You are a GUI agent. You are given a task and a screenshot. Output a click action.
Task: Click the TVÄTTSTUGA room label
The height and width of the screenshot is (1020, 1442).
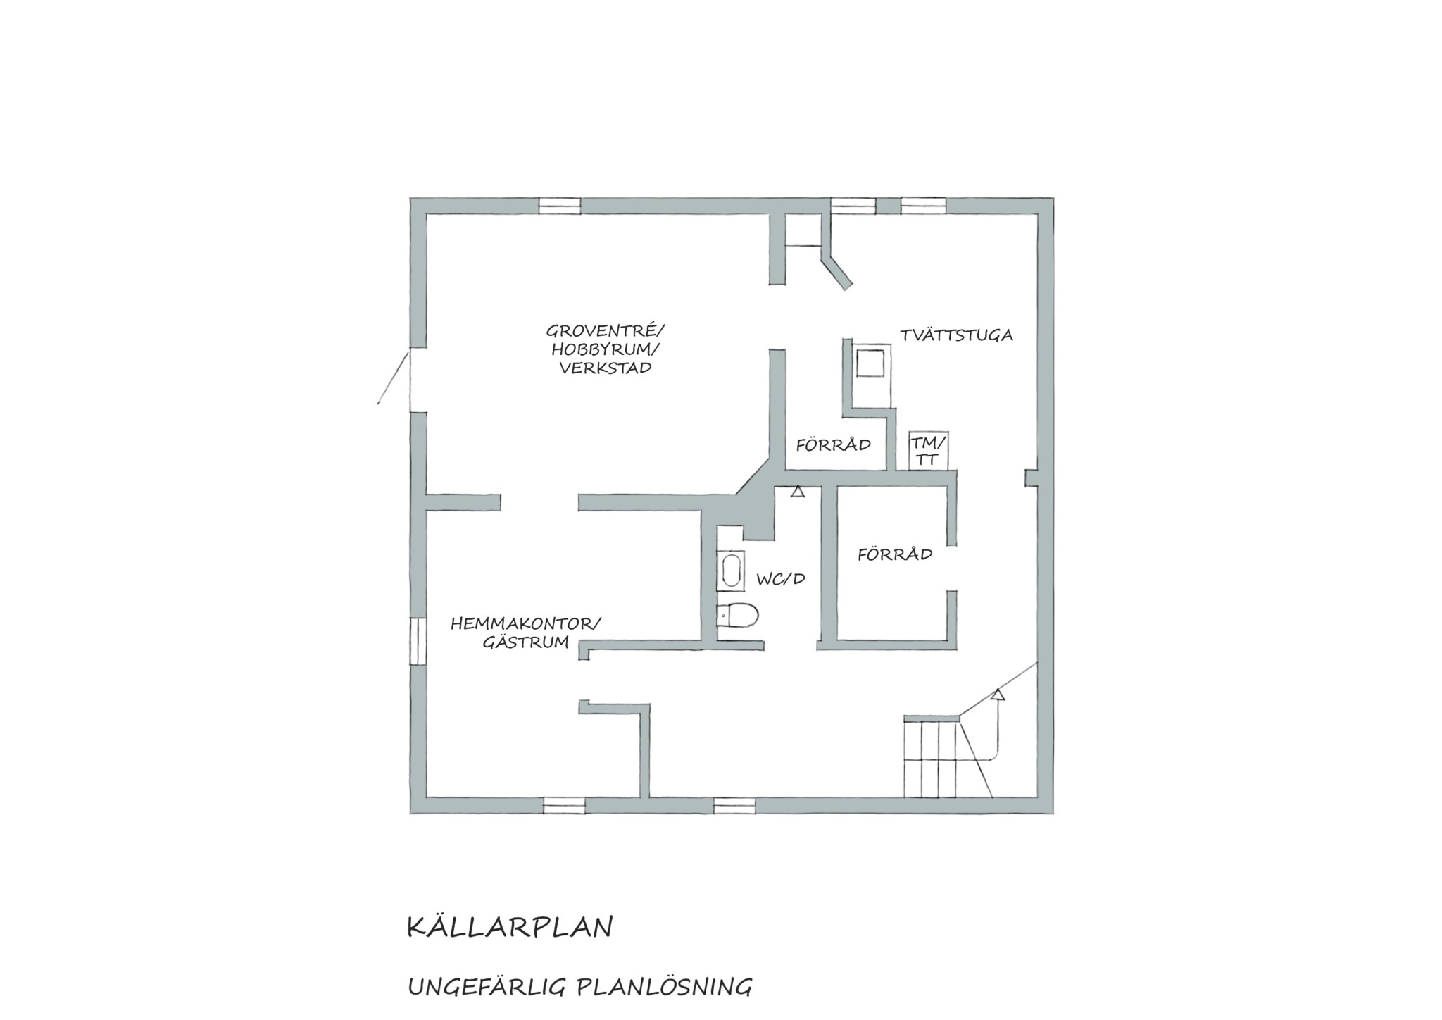(x=956, y=335)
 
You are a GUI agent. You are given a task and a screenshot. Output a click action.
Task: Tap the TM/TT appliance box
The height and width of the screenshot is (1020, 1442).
(x=928, y=451)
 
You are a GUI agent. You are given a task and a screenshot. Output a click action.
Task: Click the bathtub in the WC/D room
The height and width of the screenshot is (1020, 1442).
(x=730, y=571)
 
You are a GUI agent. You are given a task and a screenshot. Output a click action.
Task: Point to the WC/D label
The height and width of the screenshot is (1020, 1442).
(x=781, y=579)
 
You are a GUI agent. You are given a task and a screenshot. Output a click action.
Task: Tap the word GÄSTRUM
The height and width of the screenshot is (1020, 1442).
(x=526, y=642)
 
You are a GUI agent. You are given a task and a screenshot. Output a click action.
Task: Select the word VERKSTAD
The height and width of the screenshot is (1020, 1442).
(x=606, y=368)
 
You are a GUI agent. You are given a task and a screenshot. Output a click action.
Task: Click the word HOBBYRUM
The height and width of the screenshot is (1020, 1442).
(x=606, y=349)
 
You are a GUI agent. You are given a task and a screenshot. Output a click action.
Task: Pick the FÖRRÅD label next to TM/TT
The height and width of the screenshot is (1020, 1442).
(x=834, y=445)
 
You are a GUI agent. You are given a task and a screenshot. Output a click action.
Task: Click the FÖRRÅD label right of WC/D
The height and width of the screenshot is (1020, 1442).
(x=895, y=554)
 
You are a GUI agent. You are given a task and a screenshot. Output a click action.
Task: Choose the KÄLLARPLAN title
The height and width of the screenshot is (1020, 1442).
(x=510, y=927)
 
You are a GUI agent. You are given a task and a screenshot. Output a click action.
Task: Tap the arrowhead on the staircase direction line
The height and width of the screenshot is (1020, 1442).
(x=998, y=695)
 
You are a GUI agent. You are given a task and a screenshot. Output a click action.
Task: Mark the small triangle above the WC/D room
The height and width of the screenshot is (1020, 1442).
(x=797, y=492)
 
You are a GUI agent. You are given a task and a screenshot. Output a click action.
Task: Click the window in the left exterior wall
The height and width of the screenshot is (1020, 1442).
(x=418, y=640)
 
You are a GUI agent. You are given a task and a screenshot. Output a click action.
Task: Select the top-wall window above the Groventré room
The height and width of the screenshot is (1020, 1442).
(x=560, y=206)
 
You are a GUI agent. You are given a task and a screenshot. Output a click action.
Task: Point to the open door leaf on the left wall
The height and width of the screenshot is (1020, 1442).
(x=393, y=378)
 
